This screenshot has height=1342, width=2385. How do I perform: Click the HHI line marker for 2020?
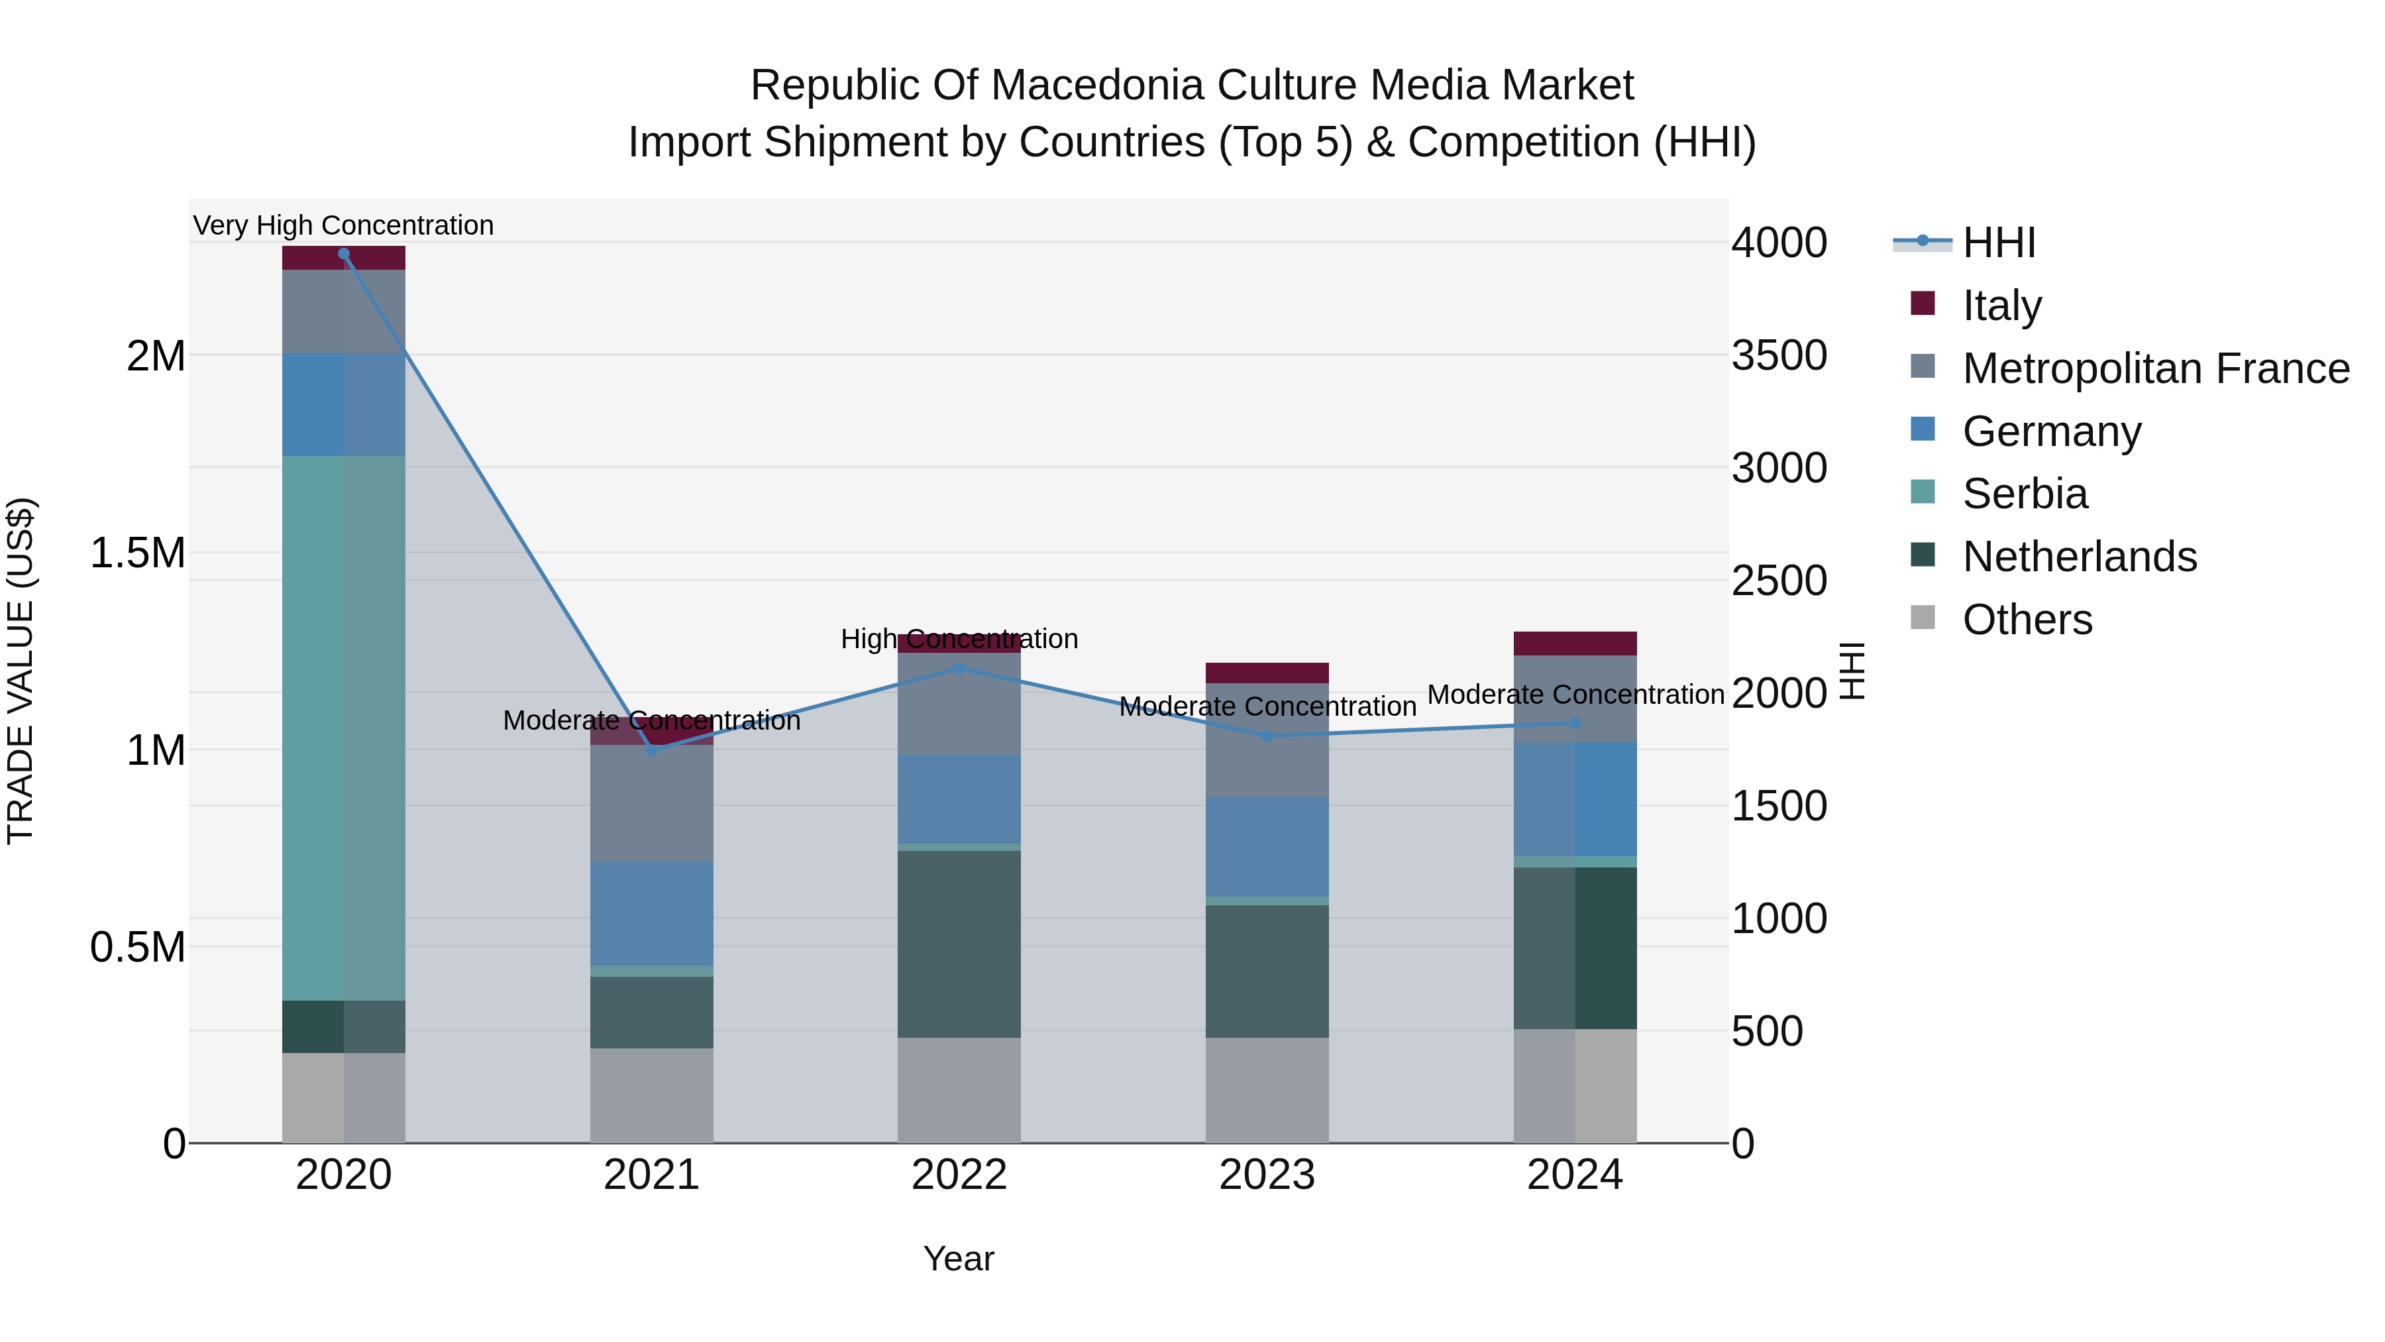(x=343, y=254)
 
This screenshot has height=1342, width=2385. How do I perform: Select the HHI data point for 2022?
(x=959, y=668)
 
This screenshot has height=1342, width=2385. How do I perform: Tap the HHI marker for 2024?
(x=1575, y=723)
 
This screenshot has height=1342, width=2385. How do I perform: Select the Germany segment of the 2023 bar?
(x=1267, y=846)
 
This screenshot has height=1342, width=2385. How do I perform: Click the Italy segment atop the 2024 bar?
(x=1575, y=643)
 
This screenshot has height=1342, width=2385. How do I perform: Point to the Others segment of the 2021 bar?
(x=652, y=1095)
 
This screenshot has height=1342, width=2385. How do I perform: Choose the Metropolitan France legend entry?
(x=2155, y=368)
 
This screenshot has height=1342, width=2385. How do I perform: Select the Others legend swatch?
(x=1923, y=618)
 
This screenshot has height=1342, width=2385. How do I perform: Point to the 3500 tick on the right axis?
(x=1779, y=356)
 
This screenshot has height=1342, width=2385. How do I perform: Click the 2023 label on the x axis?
(x=1267, y=1175)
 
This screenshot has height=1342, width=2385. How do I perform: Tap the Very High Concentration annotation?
(x=343, y=225)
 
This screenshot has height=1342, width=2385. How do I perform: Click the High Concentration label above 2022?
(x=959, y=639)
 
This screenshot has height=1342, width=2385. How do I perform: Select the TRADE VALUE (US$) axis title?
(x=21, y=671)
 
